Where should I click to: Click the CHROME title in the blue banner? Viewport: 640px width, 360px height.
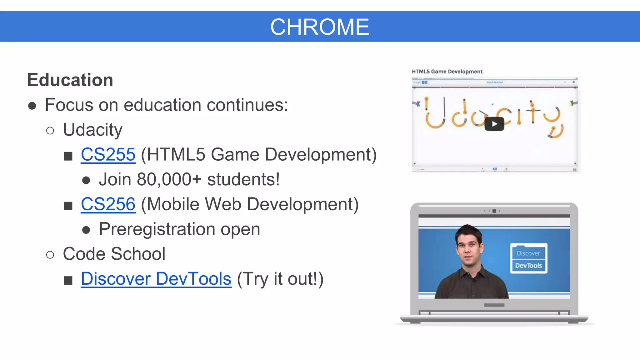pyautogui.click(x=319, y=27)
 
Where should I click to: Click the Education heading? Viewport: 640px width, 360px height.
pyautogui.click(x=70, y=80)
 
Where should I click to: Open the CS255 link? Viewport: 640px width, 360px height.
pyautogui.click(x=108, y=154)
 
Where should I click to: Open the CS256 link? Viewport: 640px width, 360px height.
pyautogui.click(x=108, y=204)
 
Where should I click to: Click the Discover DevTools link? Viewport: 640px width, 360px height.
pyautogui.click(x=156, y=279)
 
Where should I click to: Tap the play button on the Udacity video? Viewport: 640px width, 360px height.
pyautogui.click(x=494, y=124)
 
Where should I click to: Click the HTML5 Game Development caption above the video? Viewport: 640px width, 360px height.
pyautogui.click(x=447, y=72)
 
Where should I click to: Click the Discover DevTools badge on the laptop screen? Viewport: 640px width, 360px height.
pyautogui.click(x=528, y=259)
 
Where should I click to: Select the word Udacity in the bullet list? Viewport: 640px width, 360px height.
pyautogui.click(x=92, y=130)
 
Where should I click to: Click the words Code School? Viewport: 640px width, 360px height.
pyautogui.click(x=114, y=254)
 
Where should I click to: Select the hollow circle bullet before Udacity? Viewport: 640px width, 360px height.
pyautogui.click(x=50, y=131)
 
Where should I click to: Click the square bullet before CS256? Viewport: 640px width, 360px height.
pyautogui.click(x=68, y=206)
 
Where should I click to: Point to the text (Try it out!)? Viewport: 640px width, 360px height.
pyautogui.click(x=280, y=279)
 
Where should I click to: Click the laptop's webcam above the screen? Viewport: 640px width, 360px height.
pyautogui.click(x=494, y=211)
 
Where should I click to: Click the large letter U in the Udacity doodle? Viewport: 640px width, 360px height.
pyautogui.click(x=434, y=116)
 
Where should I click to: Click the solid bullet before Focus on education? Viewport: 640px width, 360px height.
pyautogui.click(x=32, y=106)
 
